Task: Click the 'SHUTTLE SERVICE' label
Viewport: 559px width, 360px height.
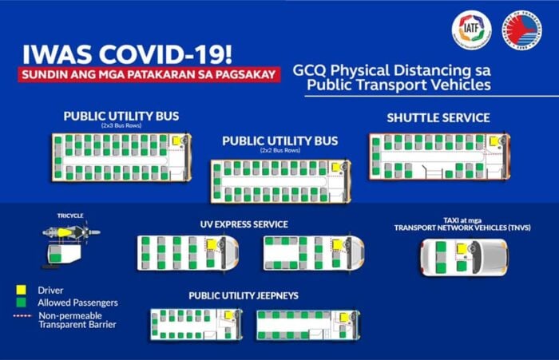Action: click(x=438, y=118)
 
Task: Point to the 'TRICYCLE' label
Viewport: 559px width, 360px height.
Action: click(x=70, y=216)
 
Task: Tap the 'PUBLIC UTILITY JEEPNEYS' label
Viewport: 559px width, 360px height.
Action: click(x=244, y=295)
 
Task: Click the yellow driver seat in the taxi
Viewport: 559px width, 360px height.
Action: click(x=462, y=248)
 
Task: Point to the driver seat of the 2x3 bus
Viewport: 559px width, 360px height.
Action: click(x=176, y=140)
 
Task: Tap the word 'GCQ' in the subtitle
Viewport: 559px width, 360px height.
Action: click(x=310, y=69)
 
